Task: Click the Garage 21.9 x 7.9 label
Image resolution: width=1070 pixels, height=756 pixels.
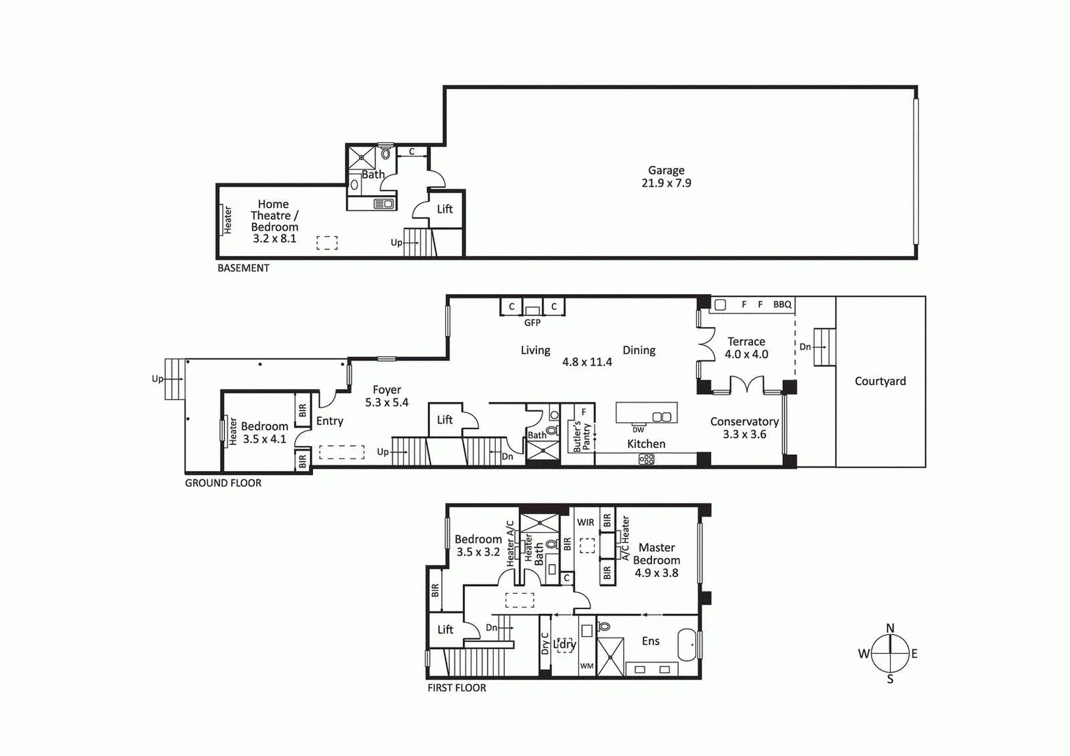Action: [x=666, y=176]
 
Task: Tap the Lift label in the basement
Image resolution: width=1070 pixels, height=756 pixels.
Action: [x=445, y=209]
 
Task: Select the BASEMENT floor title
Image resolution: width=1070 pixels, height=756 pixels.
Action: [x=243, y=268]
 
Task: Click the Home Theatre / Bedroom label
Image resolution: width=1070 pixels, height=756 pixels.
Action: [x=274, y=220]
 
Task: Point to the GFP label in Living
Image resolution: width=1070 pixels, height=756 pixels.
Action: [x=532, y=323]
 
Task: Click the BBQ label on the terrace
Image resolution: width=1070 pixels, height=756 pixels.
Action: [x=782, y=304]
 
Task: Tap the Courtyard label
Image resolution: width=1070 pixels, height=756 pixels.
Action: [x=880, y=381]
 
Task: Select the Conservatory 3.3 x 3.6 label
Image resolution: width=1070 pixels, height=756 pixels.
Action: [x=744, y=428]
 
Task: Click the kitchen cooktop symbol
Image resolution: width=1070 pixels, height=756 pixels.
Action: [x=646, y=459]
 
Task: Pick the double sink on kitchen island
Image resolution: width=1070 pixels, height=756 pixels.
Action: [x=661, y=417]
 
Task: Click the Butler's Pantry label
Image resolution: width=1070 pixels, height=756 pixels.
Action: [x=581, y=436]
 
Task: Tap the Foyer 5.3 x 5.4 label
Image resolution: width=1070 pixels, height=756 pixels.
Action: [x=387, y=396]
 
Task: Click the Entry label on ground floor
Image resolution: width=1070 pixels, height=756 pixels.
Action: [x=329, y=421]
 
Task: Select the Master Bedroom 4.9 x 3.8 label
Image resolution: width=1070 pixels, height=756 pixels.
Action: [x=656, y=560]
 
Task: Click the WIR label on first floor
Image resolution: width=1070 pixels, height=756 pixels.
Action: [x=585, y=522]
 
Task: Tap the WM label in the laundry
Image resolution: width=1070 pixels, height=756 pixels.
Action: [x=587, y=666]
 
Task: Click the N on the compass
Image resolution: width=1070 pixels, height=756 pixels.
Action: [x=890, y=628]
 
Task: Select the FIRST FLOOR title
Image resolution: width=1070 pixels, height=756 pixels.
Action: [x=457, y=688]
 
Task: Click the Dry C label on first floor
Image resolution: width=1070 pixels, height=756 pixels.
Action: [x=545, y=643]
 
